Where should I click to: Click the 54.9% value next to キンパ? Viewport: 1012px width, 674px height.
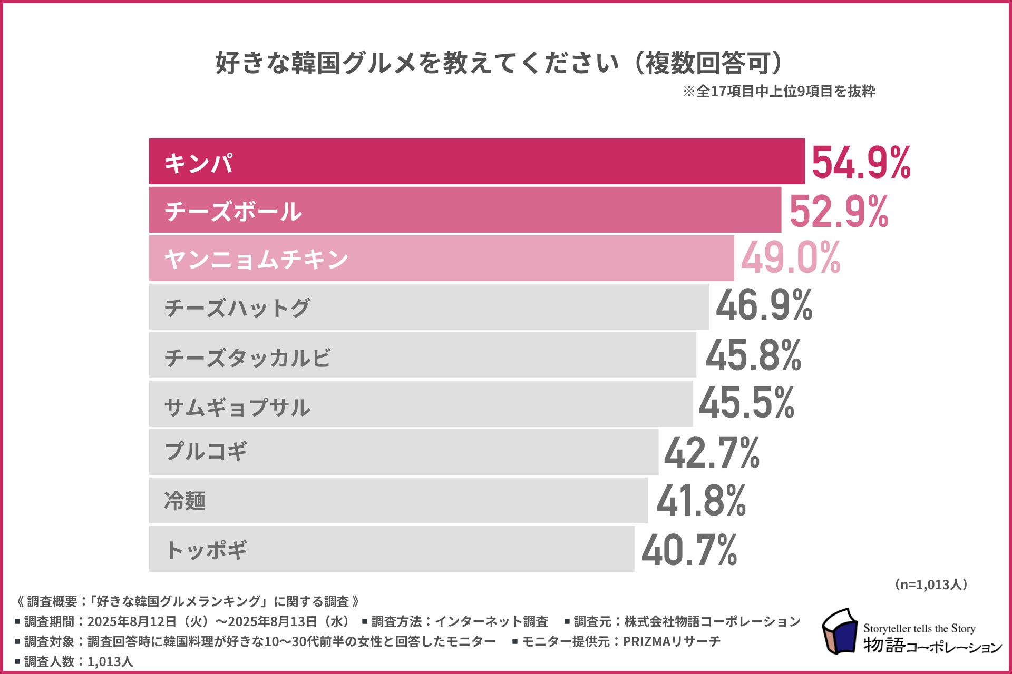(x=861, y=163)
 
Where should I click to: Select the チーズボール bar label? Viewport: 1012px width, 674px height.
(x=233, y=211)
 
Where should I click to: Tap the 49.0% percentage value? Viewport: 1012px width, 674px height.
(x=790, y=258)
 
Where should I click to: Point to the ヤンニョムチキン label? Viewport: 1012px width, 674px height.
(x=256, y=259)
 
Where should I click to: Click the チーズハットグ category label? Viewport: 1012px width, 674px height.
(x=237, y=308)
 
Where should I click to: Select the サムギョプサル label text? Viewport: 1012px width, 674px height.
(x=237, y=407)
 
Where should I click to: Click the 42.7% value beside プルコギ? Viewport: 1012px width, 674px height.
(x=712, y=452)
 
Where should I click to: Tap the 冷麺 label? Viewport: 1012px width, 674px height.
(x=184, y=501)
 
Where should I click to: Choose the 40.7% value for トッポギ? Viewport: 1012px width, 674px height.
(x=689, y=550)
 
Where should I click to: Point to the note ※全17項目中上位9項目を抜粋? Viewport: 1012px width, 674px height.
(x=779, y=92)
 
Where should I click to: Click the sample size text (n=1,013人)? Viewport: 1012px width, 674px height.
(x=930, y=584)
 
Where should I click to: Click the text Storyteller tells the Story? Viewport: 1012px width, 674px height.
(x=919, y=628)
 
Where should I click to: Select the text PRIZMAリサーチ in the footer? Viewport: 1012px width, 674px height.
(x=671, y=641)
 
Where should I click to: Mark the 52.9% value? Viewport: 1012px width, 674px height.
(x=838, y=211)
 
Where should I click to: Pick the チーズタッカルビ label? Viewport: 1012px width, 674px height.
(x=247, y=358)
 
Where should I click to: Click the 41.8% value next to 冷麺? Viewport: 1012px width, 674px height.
(x=701, y=501)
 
